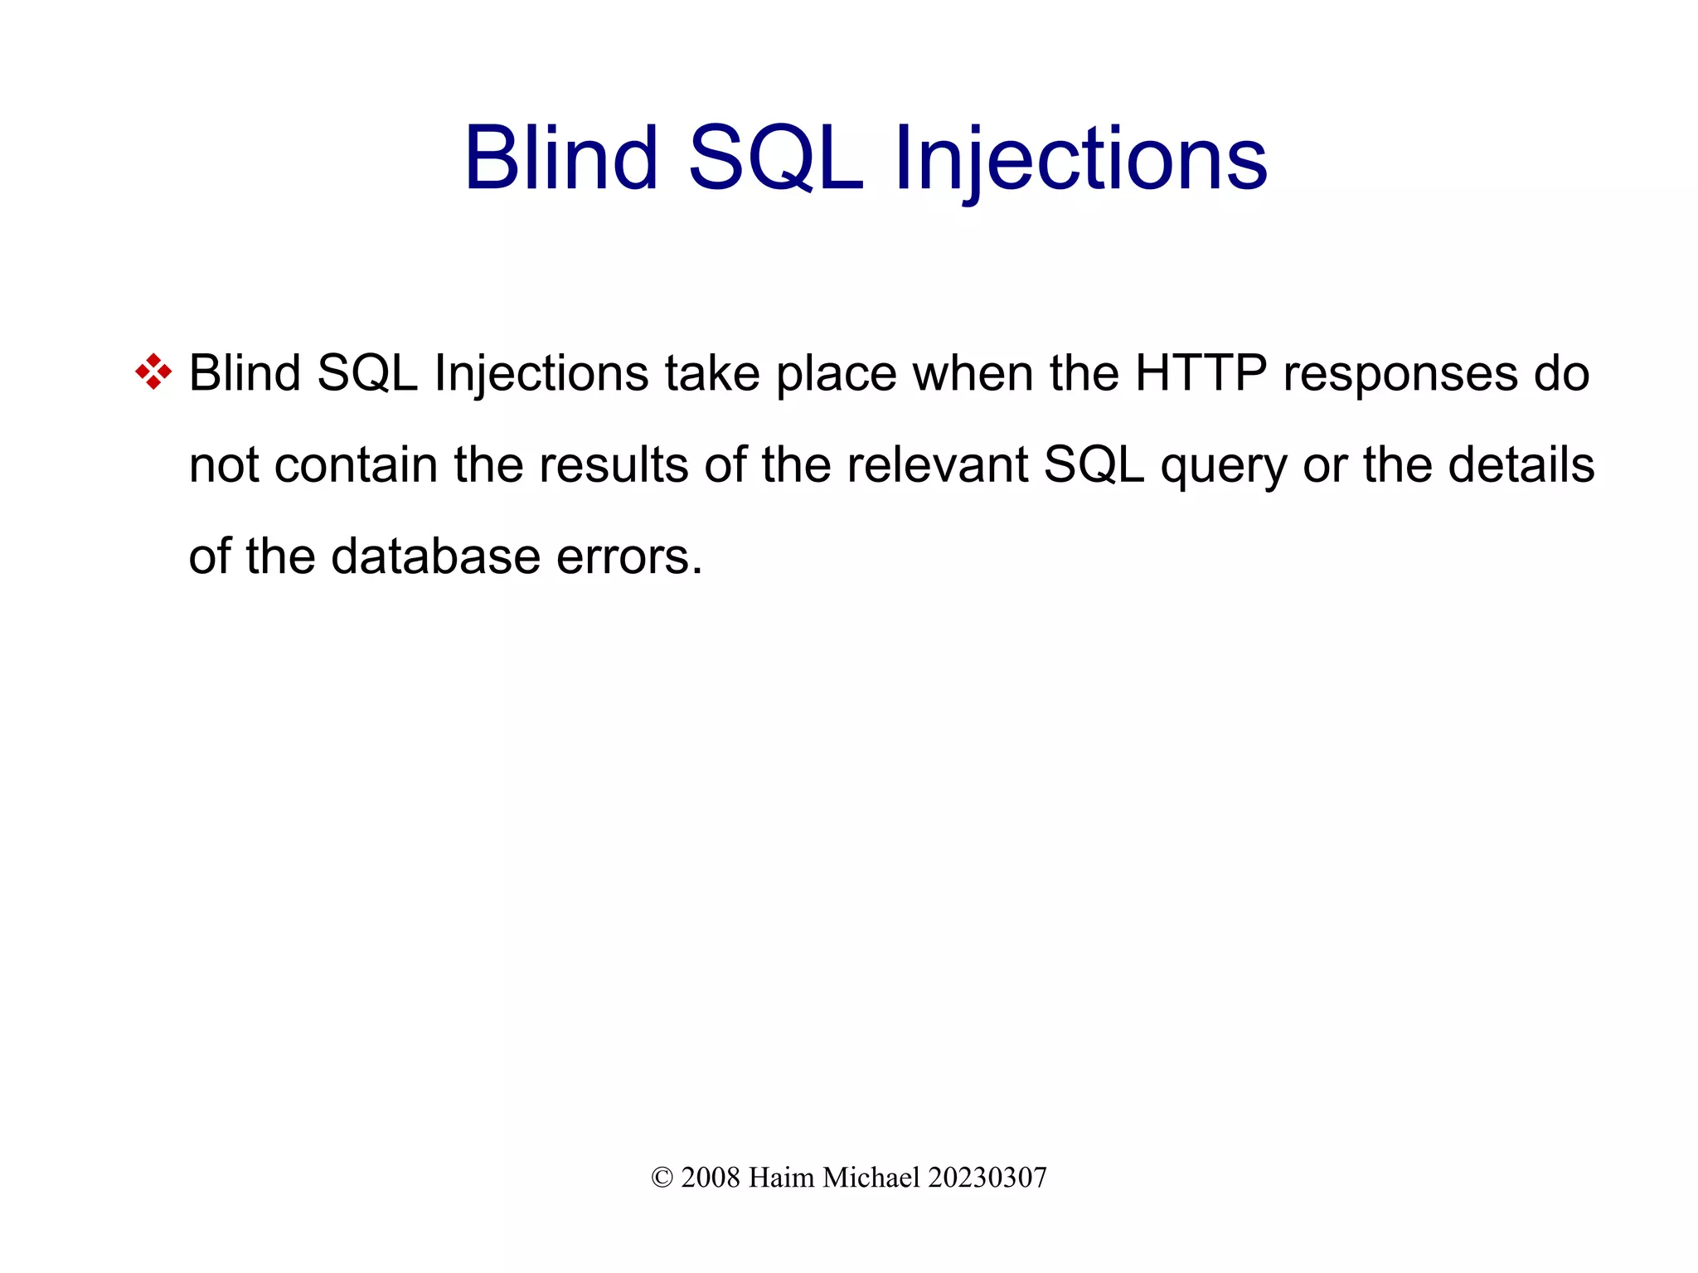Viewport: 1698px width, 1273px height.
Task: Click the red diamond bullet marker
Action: tap(153, 372)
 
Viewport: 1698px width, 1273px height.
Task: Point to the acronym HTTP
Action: tap(1201, 373)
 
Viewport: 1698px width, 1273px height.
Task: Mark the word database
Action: tap(435, 556)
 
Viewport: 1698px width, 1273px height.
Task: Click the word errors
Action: tap(628, 557)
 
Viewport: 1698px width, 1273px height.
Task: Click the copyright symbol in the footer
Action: tap(661, 1178)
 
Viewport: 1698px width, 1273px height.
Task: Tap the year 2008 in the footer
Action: tap(710, 1178)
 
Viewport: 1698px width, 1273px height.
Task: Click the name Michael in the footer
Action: tap(871, 1178)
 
